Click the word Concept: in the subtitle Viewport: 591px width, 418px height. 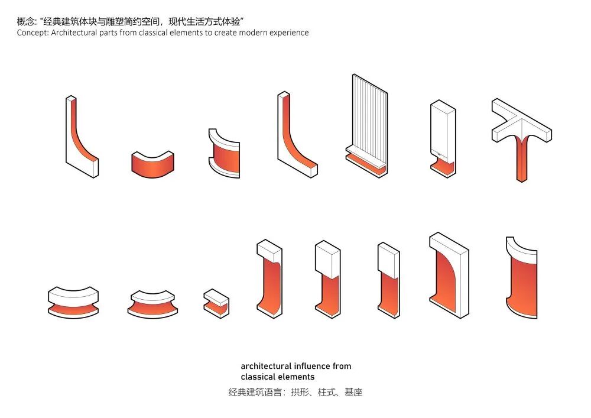pyautogui.click(x=33, y=33)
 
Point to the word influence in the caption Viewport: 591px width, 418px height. pyautogui.click(x=309, y=366)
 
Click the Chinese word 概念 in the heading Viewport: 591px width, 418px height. pyautogui.click(x=25, y=21)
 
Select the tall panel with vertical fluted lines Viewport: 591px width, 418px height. pyautogui.click(x=368, y=118)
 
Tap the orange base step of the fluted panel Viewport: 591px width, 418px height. pyautogui.click(x=366, y=166)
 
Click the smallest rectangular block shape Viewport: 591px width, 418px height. pyautogui.click(x=216, y=303)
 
